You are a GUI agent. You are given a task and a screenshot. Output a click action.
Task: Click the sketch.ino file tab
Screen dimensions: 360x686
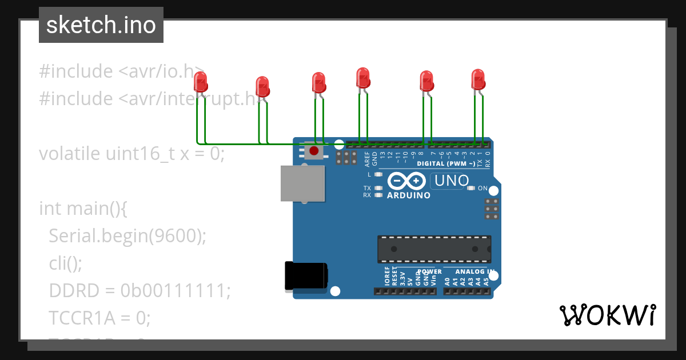click(x=101, y=25)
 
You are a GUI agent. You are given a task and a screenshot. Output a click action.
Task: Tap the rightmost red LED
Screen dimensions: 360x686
click(x=478, y=79)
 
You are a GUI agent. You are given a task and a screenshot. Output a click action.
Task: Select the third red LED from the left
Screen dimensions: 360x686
click(x=319, y=83)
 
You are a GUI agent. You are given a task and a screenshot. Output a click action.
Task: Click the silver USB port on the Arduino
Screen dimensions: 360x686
click(x=302, y=183)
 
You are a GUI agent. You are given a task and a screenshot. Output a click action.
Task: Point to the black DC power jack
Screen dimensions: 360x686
click(x=306, y=275)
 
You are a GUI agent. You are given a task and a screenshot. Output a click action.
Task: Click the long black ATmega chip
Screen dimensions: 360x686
click(x=433, y=249)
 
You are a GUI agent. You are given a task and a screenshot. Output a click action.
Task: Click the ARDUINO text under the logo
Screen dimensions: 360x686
click(x=409, y=195)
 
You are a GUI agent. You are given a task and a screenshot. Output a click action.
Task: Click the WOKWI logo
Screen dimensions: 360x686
click(x=607, y=315)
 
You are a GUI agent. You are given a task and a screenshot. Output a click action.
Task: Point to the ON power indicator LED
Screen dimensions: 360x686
click(x=471, y=188)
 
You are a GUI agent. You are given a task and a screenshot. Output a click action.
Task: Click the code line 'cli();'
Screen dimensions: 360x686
click(x=66, y=263)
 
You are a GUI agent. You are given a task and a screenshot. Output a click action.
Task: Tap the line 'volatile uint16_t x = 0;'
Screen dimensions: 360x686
click(x=131, y=154)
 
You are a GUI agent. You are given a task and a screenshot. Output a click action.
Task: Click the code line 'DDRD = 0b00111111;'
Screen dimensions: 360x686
click(x=139, y=291)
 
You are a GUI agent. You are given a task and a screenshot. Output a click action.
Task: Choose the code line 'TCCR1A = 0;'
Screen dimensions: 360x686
click(x=99, y=318)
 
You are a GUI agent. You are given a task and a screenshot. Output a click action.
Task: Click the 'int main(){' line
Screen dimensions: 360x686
click(x=83, y=209)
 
